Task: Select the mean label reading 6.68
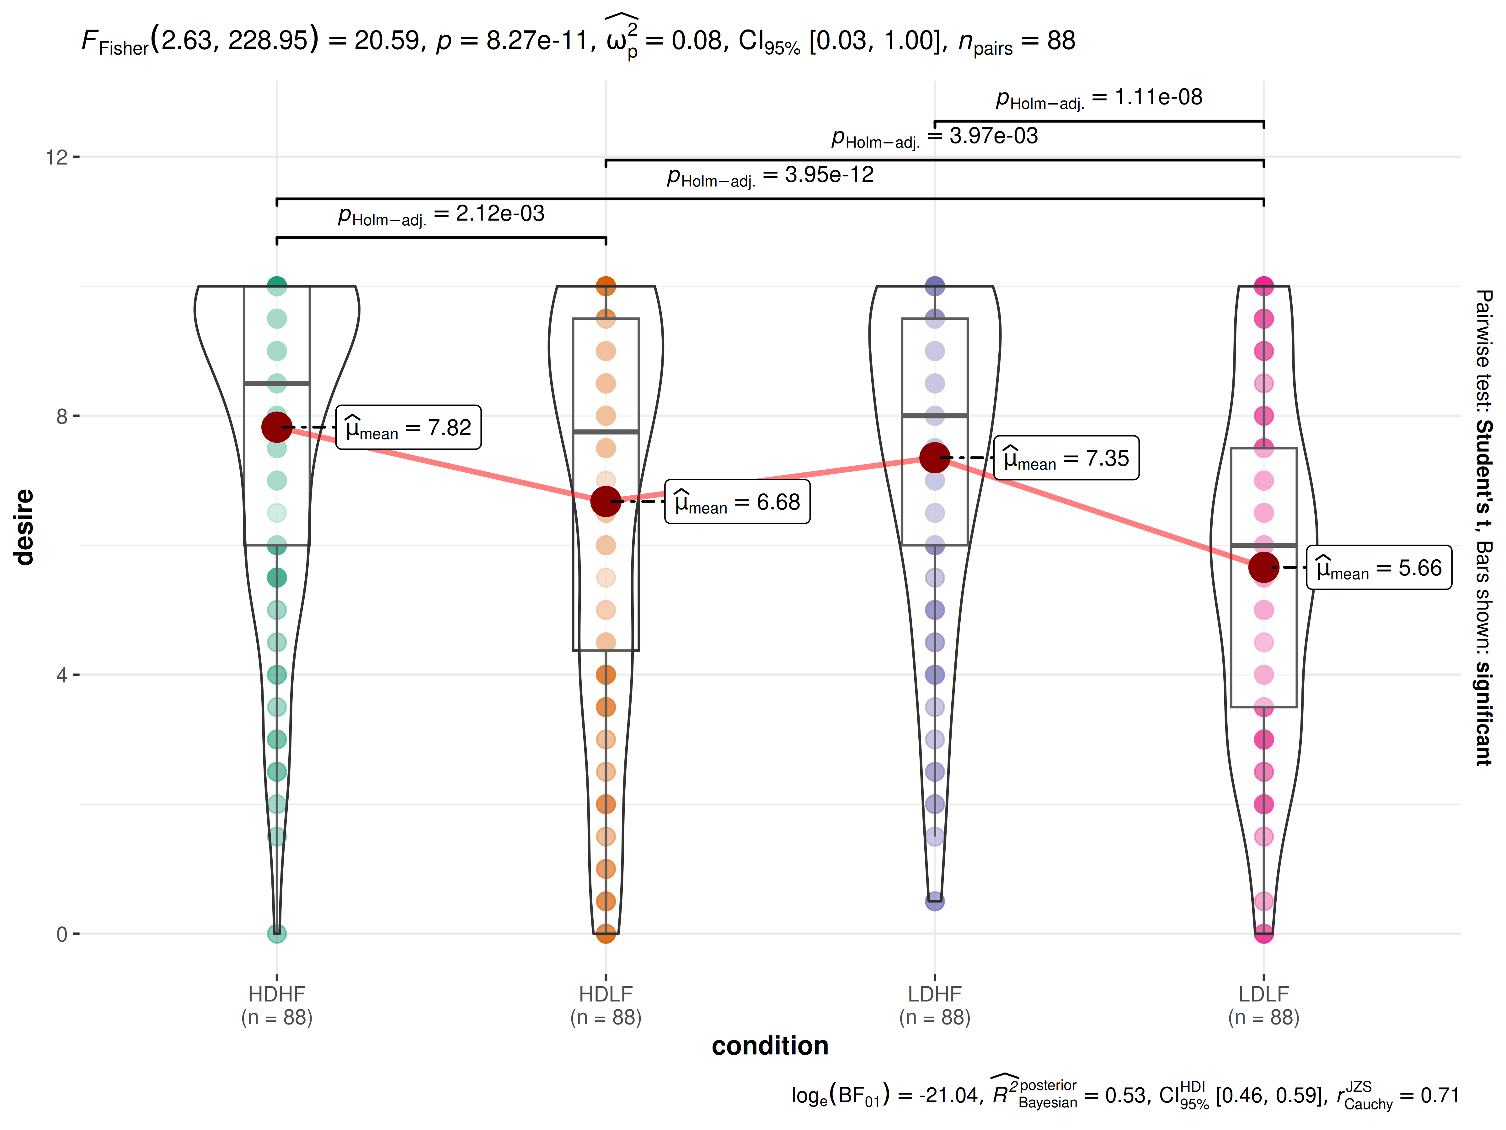click(x=737, y=502)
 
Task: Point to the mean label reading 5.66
click(x=1379, y=568)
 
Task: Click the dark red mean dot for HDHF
click(x=276, y=427)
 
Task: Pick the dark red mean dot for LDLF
click(x=1263, y=567)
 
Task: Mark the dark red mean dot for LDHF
click(x=935, y=458)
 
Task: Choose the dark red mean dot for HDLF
click(x=605, y=501)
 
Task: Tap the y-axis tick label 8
click(x=62, y=416)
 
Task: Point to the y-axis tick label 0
click(x=62, y=934)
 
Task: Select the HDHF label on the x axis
click(x=276, y=994)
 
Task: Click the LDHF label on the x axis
click(x=935, y=994)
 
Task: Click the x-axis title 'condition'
click(x=770, y=1046)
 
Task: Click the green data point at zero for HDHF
click(x=276, y=933)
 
